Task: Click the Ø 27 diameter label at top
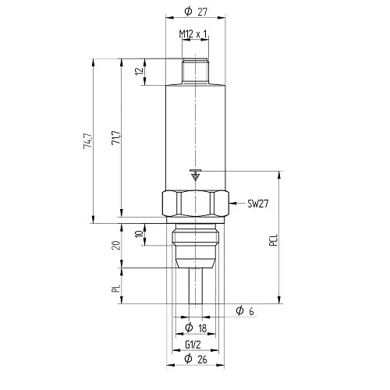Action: coord(196,12)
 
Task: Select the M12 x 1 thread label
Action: coord(193,34)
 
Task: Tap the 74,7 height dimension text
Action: coord(87,141)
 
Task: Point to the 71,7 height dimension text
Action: coord(116,137)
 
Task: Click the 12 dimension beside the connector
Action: coord(140,71)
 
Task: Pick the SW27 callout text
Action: coord(257,204)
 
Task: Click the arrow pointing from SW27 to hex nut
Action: coord(236,203)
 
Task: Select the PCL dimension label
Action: coord(274,240)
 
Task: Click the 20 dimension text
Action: coord(116,245)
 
